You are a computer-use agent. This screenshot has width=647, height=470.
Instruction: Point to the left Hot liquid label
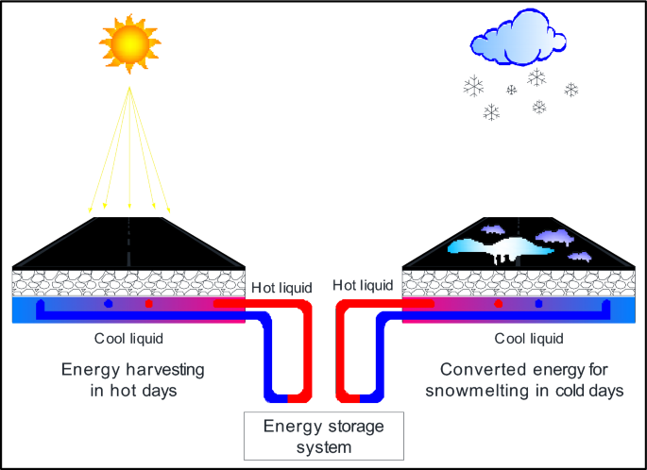pyautogui.click(x=277, y=286)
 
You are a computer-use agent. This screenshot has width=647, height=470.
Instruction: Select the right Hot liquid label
pyautogui.click(x=363, y=286)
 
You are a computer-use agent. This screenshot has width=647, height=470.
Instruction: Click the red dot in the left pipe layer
pyautogui.click(x=148, y=305)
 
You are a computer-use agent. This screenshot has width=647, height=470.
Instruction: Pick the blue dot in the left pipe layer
pyautogui.click(x=108, y=305)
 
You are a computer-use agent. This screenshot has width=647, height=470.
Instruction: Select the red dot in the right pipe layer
pyautogui.click(x=499, y=305)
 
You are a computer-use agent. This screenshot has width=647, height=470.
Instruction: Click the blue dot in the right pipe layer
pyautogui.click(x=538, y=305)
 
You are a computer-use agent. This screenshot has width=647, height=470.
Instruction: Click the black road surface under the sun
pyautogui.click(x=129, y=243)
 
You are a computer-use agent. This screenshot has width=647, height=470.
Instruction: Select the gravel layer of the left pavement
pyautogui.click(x=129, y=282)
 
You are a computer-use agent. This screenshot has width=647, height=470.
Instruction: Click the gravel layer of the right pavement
pyautogui.click(x=518, y=282)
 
